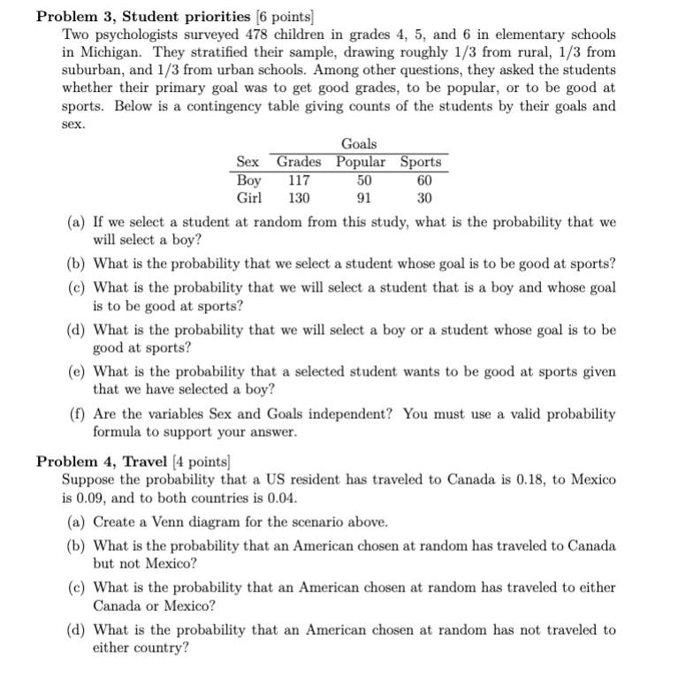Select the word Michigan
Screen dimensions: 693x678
point(107,52)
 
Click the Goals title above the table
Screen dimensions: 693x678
point(358,143)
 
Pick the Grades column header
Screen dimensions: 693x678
point(299,162)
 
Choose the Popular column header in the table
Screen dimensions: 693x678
point(361,162)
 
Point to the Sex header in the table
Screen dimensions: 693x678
point(248,162)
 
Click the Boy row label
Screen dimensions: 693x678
point(250,179)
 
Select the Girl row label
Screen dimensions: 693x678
point(249,197)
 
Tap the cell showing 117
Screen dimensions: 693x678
point(299,179)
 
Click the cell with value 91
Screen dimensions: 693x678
point(362,197)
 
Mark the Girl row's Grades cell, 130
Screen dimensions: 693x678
point(299,197)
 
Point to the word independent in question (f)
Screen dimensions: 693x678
point(351,414)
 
